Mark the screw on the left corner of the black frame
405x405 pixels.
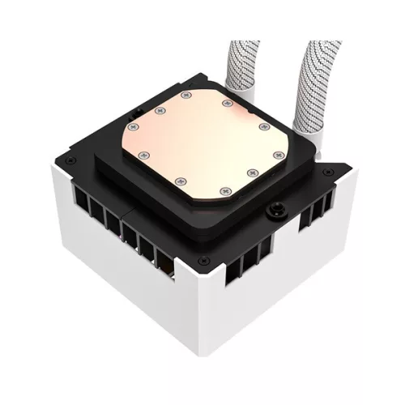click(70, 159)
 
